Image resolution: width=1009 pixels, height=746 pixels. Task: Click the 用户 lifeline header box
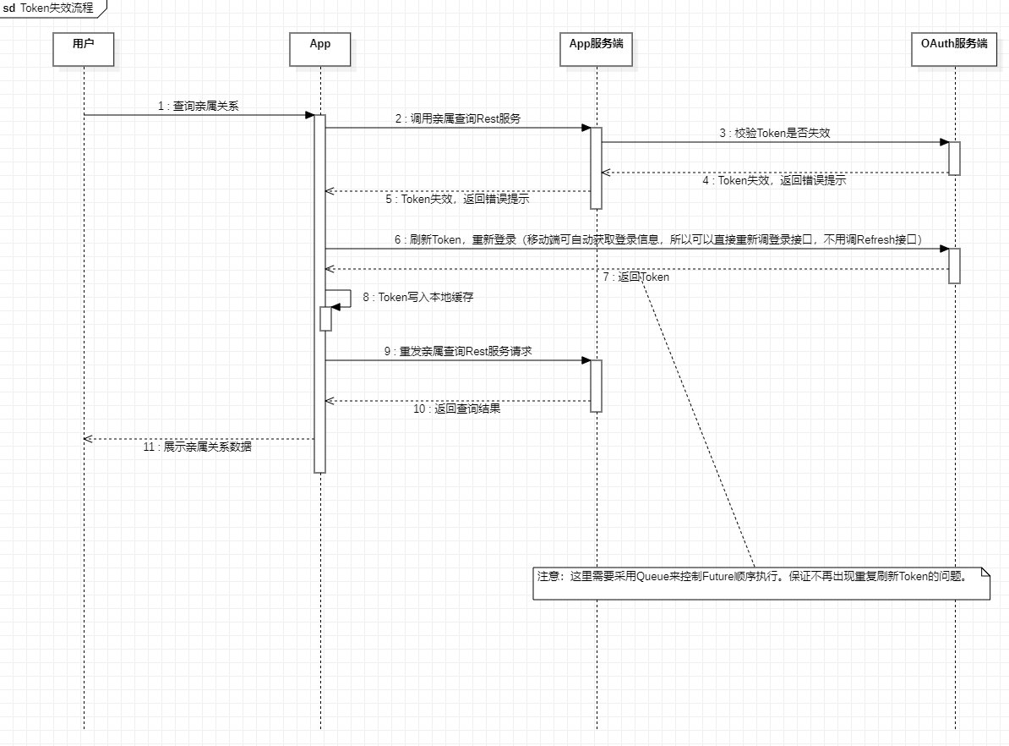84,49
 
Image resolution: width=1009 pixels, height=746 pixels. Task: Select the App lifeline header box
319,49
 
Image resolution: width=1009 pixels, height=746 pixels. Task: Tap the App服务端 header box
596,49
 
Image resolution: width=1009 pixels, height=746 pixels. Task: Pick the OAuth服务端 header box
954,49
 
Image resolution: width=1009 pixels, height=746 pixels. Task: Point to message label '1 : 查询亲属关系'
203,106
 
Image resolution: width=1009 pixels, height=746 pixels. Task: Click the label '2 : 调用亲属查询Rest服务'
457,119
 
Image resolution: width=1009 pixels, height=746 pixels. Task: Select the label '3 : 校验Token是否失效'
774,133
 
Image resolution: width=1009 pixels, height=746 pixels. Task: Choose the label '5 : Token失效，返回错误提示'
457,200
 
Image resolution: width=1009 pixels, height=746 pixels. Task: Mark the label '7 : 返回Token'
635,277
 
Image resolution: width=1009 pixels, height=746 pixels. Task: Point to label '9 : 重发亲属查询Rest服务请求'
457,351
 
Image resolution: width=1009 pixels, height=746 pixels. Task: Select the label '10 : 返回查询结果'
456,409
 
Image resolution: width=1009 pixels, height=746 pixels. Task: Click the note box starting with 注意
761,583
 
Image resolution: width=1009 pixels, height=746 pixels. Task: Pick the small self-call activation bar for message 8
325,318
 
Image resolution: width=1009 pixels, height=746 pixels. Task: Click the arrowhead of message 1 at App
309,115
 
